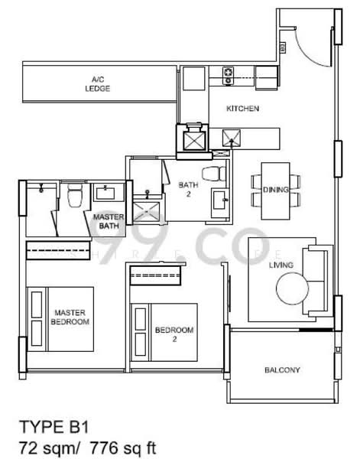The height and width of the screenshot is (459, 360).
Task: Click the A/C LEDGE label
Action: pos(97,84)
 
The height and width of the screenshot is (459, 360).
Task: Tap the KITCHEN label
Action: pos(242,109)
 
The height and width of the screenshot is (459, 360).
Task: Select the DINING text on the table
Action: pos(275,190)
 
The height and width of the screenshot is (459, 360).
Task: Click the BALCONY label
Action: pos(282,370)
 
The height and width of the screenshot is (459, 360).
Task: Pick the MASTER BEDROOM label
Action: pos(70,317)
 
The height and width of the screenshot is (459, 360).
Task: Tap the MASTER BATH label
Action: pos(109,221)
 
